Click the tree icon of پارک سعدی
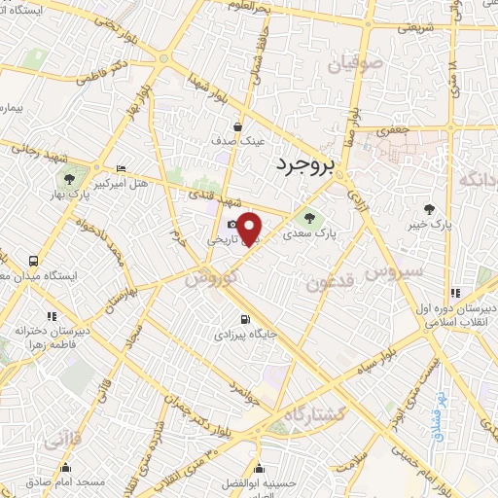(x=309, y=219)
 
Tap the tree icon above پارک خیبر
(x=428, y=209)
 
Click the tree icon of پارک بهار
(x=69, y=180)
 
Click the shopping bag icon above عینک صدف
(x=239, y=126)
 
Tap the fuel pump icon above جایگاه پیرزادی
(x=243, y=318)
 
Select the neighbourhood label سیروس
(x=394, y=273)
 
